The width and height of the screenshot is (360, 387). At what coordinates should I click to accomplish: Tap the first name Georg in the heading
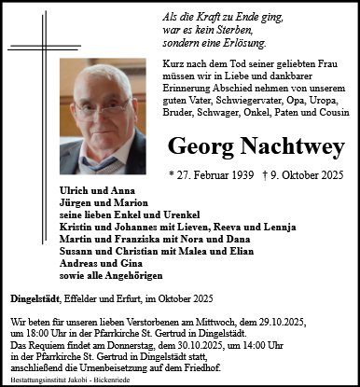coord(196,145)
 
